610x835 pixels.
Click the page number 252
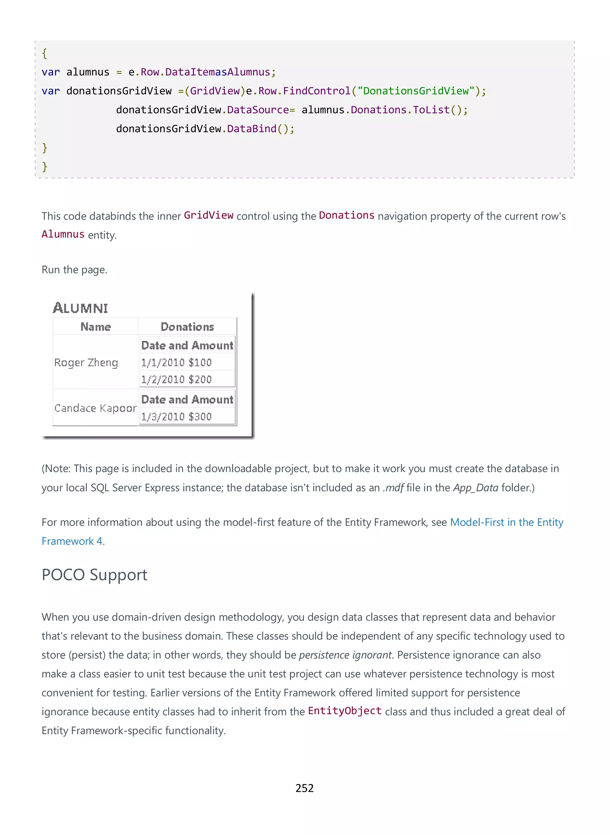[x=304, y=788]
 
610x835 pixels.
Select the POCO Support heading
[x=94, y=575]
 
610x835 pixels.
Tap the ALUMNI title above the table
[x=80, y=308]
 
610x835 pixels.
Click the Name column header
[x=96, y=327]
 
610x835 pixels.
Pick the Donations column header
[x=187, y=327]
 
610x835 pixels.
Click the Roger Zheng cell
[x=86, y=362]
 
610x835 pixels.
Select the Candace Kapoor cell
[x=95, y=408]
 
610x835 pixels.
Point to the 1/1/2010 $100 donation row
[x=177, y=362]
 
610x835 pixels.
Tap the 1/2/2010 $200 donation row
[x=177, y=379]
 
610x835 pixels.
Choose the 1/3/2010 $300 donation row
[x=177, y=417]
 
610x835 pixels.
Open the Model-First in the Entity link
[x=507, y=522]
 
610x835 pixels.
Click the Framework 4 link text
[x=72, y=541]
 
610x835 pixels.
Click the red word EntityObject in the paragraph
[x=345, y=711]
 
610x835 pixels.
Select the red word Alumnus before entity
[x=63, y=234]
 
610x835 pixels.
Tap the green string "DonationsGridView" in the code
[x=416, y=91]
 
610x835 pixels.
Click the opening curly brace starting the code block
[x=44, y=53]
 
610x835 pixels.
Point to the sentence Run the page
[x=74, y=270]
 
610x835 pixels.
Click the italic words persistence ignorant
[x=345, y=655]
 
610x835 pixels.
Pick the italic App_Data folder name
[x=476, y=488]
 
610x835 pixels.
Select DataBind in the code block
[x=251, y=128]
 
